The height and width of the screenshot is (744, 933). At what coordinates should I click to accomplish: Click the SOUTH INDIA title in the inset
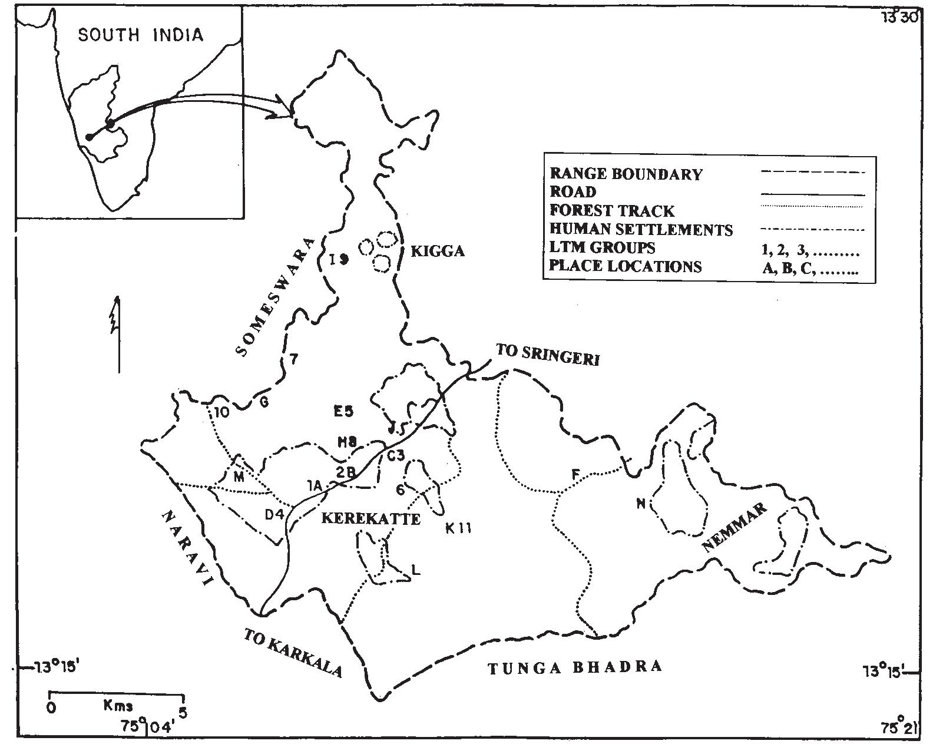click(141, 35)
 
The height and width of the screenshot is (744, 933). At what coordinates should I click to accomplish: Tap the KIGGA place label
click(437, 252)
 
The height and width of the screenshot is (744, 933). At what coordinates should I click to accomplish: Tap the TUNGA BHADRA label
click(575, 667)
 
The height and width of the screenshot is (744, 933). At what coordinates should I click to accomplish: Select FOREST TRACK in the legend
click(612, 211)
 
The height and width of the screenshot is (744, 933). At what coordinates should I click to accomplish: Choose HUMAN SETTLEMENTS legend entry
click(641, 229)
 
